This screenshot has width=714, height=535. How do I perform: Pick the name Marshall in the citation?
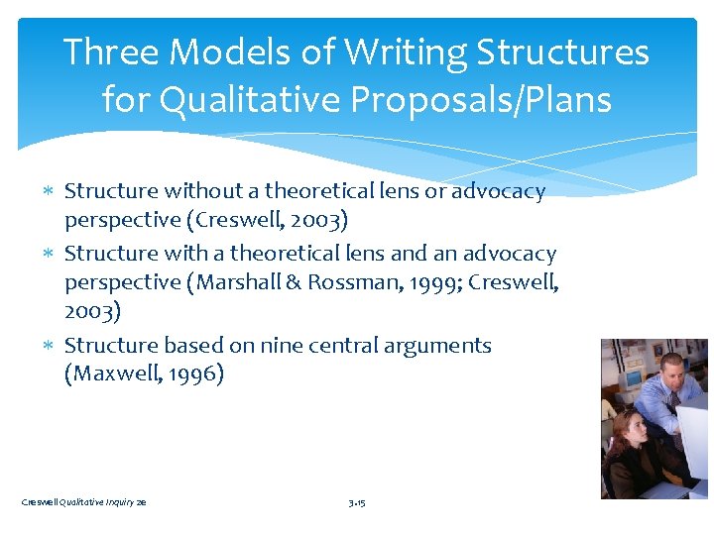point(236,282)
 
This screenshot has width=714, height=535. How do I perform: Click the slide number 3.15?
point(357,503)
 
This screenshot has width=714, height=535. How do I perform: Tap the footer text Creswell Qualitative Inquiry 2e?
point(83,503)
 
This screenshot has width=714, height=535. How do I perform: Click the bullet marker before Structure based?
point(53,346)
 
